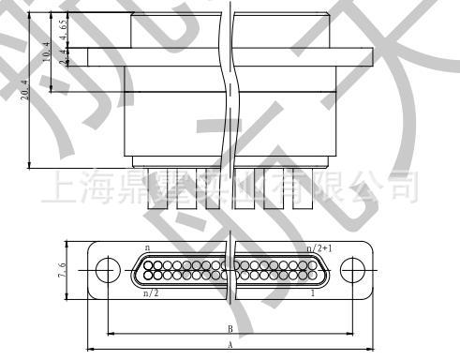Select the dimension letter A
(230, 344)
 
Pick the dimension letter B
(230, 329)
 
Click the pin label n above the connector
(148, 248)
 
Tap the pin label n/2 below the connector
(150, 292)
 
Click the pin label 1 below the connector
(311, 292)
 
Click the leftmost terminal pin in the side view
(152, 187)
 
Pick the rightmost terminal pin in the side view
(302, 187)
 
